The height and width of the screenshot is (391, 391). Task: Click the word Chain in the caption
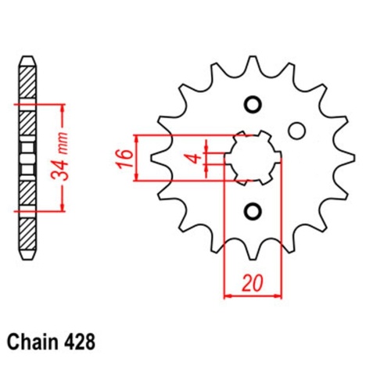(31, 343)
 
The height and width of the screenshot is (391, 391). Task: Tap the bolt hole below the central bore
(253, 210)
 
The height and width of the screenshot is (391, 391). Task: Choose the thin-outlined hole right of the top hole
(296, 130)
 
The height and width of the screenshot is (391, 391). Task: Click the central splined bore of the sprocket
(253, 157)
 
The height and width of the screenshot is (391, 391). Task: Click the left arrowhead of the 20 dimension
(228, 296)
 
